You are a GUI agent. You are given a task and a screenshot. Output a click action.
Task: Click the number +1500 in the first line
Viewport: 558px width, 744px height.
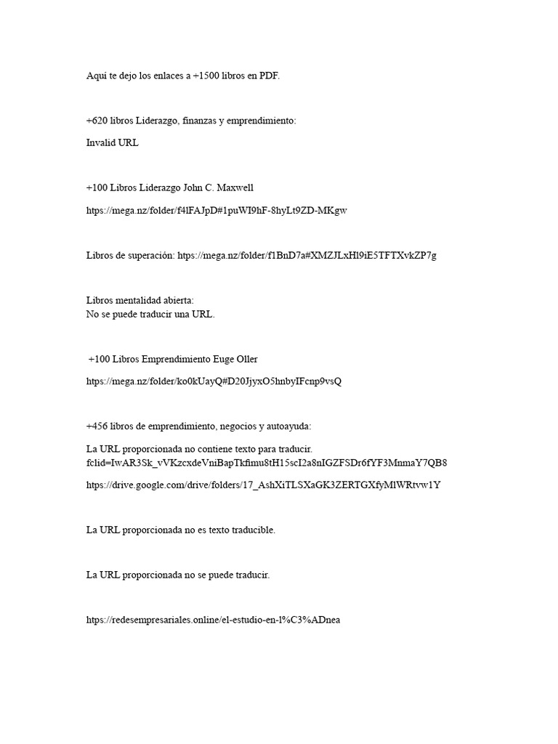coord(206,76)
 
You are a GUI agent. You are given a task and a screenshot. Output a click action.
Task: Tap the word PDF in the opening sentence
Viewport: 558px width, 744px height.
coord(269,76)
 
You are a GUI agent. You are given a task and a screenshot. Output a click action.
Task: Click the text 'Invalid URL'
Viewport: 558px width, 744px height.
coord(112,143)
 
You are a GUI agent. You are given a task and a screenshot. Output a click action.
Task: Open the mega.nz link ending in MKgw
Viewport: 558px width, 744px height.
coord(217,211)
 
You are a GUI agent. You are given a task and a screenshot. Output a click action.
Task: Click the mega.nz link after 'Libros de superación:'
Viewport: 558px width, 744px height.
coord(307,255)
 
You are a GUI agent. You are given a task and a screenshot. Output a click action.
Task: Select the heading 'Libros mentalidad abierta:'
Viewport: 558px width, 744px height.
coord(140,300)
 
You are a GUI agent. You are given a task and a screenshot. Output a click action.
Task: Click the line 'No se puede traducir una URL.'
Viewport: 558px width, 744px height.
coord(150,315)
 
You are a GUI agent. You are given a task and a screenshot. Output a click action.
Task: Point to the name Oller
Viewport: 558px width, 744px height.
coord(244,359)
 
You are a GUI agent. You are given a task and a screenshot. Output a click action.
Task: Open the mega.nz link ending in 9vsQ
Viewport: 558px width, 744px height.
coord(214,381)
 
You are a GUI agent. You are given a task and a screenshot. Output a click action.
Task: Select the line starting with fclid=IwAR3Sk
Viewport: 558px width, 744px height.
coord(266,463)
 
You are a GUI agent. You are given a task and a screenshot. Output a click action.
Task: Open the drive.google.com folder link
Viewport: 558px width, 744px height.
coord(263,485)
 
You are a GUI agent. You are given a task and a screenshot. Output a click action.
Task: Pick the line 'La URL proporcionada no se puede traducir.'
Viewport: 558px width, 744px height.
coord(178,575)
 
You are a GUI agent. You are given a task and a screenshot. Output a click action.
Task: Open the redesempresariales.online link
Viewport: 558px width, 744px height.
coord(213,620)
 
